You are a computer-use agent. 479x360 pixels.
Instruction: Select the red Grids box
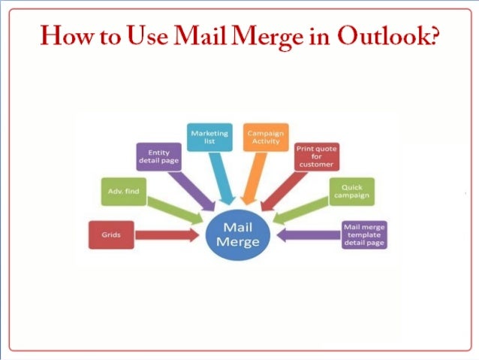110,234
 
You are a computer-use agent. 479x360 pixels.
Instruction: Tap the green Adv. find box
122,191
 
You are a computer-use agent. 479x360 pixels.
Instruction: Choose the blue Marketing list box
209,138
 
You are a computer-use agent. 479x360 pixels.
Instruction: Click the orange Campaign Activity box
266,138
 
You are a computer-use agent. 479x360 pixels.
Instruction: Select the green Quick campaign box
351,191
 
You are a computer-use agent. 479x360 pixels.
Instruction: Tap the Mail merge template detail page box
364,234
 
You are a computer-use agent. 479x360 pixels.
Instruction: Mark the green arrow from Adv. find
176,210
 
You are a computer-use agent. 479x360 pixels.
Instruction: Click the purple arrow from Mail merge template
307,234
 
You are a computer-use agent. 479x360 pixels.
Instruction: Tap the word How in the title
61,35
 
